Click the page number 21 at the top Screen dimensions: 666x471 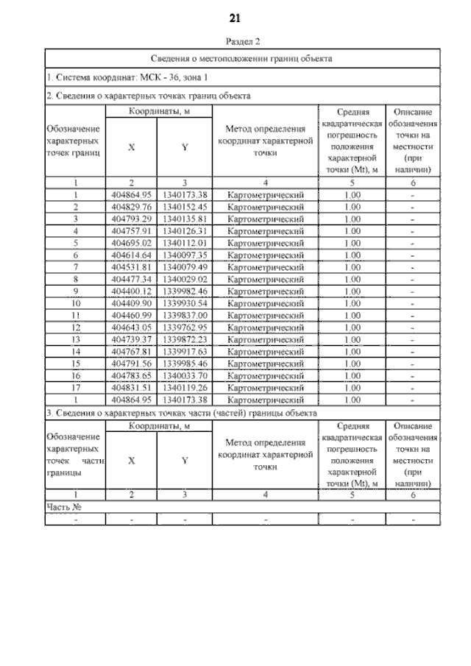click(236, 17)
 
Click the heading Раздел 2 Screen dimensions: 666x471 click(235, 42)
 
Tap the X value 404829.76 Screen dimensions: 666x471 click(131, 207)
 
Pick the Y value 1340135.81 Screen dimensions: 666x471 click(185, 219)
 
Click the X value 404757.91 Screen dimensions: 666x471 click(131, 230)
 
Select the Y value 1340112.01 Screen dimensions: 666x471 click(185, 242)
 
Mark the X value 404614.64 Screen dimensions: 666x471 click(131, 254)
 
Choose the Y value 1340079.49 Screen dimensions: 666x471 click(185, 266)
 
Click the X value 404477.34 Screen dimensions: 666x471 click(131, 278)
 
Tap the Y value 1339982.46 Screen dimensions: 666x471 click(185, 291)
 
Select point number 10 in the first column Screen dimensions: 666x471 click(75, 302)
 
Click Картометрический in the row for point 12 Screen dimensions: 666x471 click(266, 327)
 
